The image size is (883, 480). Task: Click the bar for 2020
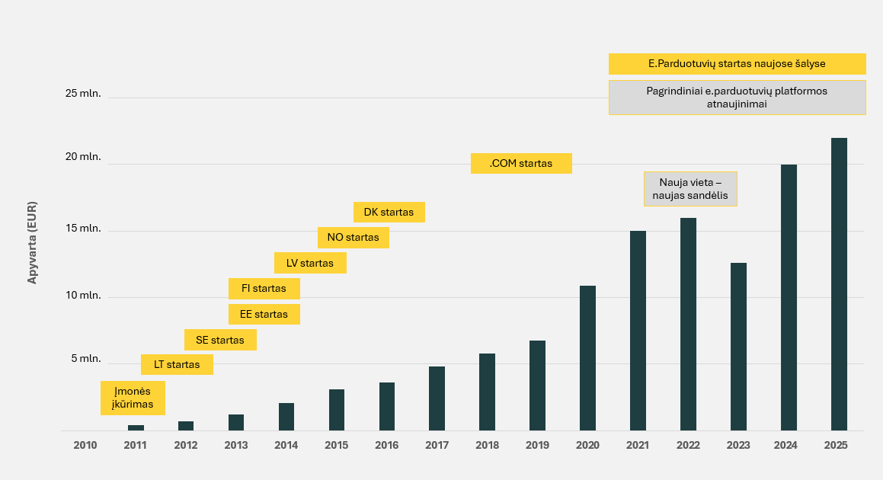[587, 358]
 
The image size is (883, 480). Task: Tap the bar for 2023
[738, 347]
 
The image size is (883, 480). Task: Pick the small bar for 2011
[136, 427]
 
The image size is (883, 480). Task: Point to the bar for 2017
[437, 398]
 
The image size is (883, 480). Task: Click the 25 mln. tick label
[83, 94]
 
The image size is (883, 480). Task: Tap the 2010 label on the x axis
[85, 446]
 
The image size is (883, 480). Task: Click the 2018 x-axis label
[487, 446]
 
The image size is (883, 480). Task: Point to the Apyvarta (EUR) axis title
[32, 243]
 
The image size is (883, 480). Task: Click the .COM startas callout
[521, 163]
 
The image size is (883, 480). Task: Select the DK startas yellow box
[389, 212]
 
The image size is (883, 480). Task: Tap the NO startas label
[353, 237]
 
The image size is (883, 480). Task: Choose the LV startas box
[310, 263]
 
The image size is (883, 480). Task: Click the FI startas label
[264, 289]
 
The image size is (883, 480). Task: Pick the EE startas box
[264, 314]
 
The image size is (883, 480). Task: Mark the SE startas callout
[220, 340]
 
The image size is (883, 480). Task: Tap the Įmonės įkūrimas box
[133, 398]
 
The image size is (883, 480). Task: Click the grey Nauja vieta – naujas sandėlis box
[691, 188]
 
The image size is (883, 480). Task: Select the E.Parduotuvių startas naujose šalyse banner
[737, 64]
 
